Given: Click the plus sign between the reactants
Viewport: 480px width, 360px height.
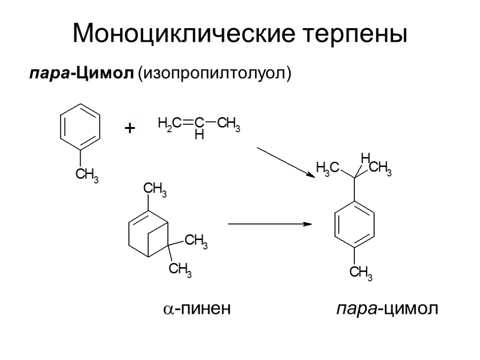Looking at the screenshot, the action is click(129, 128).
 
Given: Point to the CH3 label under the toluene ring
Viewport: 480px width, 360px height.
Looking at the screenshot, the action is click(87, 176).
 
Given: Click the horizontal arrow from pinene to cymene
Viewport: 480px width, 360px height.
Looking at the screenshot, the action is click(270, 224).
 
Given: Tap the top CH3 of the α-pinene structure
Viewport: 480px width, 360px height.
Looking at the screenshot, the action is click(155, 189).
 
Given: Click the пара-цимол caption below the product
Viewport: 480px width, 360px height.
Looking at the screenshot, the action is click(387, 309).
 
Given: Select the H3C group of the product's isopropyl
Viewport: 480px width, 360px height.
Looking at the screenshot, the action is click(328, 167).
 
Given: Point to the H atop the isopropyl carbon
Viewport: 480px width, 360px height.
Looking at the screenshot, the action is click(366, 157).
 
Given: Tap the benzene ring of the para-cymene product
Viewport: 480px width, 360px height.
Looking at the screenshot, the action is click(355, 225).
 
